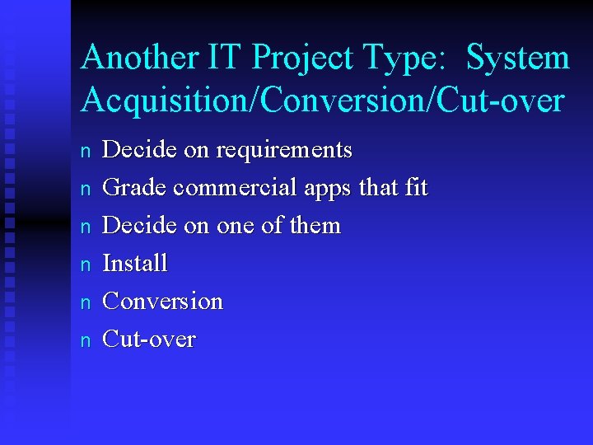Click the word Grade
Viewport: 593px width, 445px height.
(134, 189)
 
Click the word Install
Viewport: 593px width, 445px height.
(134, 264)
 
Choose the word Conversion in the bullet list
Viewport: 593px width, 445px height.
(162, 302)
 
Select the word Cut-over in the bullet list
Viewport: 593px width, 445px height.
(148, 340)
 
